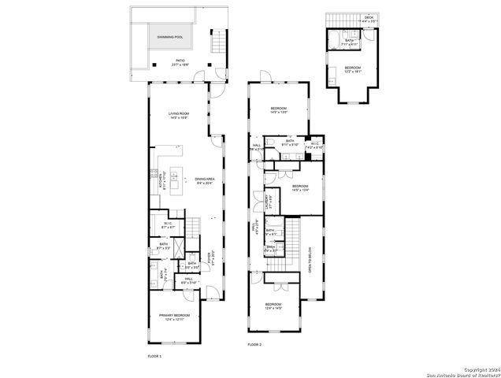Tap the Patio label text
click(x=180, y=62)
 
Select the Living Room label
click(x=178, y=116)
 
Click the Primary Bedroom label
click(x=177, y=316)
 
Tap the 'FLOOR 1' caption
click(x=154, y=357)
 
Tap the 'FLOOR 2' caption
click(x=254, y=345)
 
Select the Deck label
click(x=369, y=17)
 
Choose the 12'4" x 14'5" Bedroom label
click(x=273, y=306)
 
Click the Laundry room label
click(x=268, y=202)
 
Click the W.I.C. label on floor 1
click(x=168, y=224)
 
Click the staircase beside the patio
click(x=218, y=43)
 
